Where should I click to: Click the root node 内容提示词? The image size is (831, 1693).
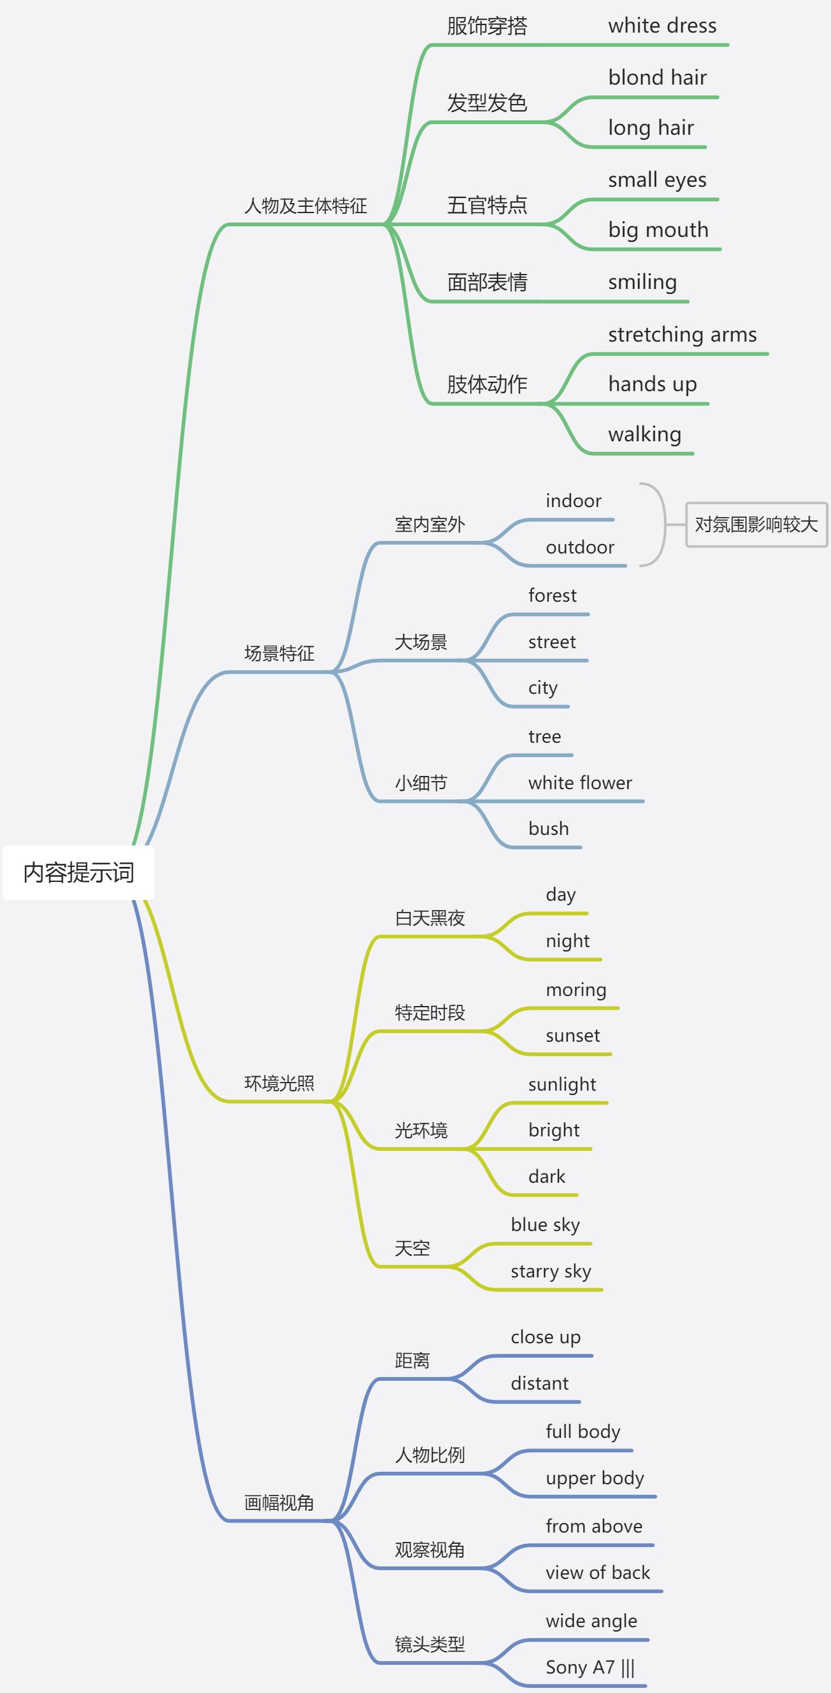(79, 873)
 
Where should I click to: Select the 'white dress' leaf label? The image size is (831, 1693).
(662, 26)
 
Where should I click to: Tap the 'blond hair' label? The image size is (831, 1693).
(657, 78)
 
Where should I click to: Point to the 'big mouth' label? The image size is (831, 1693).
(657, 230)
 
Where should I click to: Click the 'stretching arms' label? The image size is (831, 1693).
(682, 335)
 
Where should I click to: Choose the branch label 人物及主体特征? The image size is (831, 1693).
(305, 206)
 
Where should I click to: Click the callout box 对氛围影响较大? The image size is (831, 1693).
(756, 525)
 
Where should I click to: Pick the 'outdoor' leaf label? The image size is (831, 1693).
(580, 547)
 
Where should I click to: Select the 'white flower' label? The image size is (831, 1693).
(580, 783)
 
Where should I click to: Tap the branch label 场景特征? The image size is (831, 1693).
(279, 653)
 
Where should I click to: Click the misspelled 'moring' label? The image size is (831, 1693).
(575, 990)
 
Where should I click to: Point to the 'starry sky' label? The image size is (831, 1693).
(550, 1271)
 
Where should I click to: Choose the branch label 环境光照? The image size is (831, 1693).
(279, 1083)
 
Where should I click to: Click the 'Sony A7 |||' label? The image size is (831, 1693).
(590, 1667)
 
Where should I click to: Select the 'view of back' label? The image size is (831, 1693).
(597, 1573)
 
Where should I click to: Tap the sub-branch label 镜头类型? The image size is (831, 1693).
(430, 1644)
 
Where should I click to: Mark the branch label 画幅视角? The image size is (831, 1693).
(279, 1502)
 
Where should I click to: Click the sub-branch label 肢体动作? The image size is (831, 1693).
(487, 384)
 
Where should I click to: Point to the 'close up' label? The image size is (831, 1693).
(545, 1338)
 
